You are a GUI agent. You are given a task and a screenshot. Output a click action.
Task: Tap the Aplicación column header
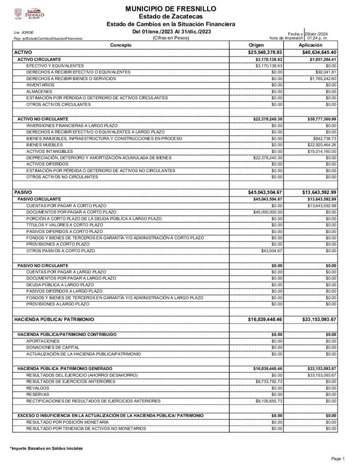[x=310, y=46]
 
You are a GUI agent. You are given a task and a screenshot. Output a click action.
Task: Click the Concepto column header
[x=121, y=46]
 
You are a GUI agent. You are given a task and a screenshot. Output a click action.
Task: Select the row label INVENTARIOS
[x=40, y=85]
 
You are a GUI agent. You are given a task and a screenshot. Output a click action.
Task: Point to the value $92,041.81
[x=325, y=72]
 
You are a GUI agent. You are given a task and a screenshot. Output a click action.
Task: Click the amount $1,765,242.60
[x=323, y=79]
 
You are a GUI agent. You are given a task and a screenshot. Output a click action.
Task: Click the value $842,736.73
[x=325, y=138]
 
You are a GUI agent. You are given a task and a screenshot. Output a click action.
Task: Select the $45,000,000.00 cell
[x=268, y=213]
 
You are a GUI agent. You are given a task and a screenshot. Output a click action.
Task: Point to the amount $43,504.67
[x=272, y=251]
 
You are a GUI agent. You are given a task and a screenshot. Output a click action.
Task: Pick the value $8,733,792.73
[x=269, y=381]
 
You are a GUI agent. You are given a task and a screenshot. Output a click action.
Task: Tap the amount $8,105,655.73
[x=269, y=401]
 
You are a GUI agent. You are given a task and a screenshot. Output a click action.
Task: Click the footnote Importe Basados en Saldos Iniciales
[x=46, y=449]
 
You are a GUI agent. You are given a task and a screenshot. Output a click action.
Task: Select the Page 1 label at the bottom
[x=338, y=458]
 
